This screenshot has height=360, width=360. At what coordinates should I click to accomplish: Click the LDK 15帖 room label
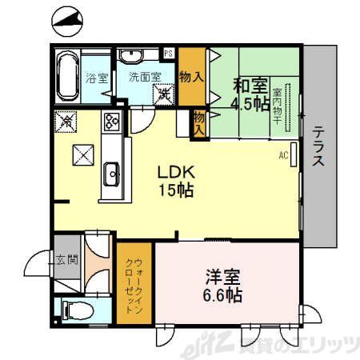click(x=175, y=182)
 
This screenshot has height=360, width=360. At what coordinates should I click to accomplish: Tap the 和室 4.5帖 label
click(x=250, y=94)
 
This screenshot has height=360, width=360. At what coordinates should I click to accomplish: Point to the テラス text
click(x=318, y=146)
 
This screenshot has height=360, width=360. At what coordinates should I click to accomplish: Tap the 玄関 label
click(x=66, y=260)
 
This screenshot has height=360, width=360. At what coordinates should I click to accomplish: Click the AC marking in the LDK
click(x=283, y=155)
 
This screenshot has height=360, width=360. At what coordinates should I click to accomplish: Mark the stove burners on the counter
click(x=110, y=124)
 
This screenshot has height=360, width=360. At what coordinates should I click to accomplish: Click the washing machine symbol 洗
click(x=164, y=94)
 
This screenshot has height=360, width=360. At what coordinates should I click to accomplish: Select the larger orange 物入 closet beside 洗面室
click(x=189, y=78)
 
